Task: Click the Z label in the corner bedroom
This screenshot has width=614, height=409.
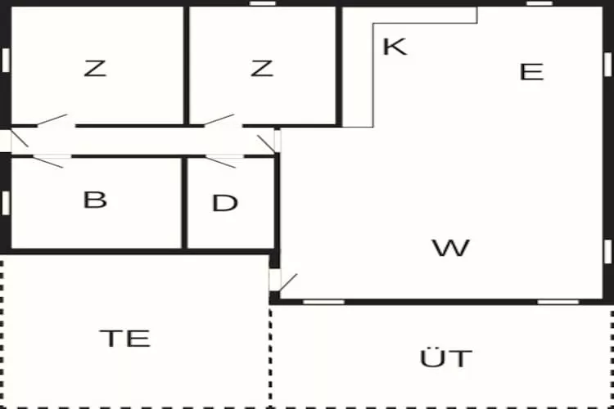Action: point(95,68)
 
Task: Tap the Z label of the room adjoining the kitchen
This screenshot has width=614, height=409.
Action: point(262,68)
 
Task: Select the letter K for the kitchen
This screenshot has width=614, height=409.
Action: point(395,47)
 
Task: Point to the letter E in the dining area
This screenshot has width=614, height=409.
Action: point(531,72)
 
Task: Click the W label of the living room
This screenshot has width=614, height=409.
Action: point(450,247)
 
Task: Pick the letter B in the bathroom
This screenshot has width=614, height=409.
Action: point(95,200)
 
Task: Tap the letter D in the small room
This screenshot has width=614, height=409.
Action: point(225,203)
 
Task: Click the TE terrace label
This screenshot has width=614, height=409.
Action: point(125,339)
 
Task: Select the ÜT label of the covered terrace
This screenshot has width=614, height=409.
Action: point(445,357)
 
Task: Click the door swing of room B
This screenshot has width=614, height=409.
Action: point(47,162)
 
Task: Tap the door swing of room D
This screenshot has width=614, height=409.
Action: point(220,162)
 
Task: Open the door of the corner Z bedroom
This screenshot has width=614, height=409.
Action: point(52,119)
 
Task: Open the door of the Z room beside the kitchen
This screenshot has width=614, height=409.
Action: point(219,119)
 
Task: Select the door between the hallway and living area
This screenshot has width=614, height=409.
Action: point(266,144)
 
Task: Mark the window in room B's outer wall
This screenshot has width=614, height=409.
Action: point(6,203)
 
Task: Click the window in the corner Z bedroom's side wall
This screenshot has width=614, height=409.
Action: point(6,61)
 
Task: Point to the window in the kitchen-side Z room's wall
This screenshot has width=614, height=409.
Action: point(262,3)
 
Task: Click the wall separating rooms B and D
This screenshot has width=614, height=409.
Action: point(184,203)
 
